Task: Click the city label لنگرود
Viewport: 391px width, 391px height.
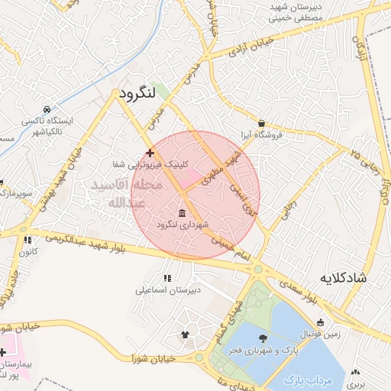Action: pyautogui.click(x=137, y=93)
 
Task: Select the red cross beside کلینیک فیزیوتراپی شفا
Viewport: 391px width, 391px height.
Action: pyautogui.click(x=150, y=153)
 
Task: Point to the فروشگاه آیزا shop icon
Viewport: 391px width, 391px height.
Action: pyautogui.click(x=262, y=123)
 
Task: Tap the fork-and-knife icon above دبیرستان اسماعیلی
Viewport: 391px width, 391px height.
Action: pyautogui.click(x=167, y=277)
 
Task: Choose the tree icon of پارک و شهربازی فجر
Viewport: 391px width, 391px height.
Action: pyautogui.click(x=263, y=338)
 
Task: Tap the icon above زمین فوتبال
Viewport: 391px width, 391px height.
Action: pyautogui.click(x=320, y=322)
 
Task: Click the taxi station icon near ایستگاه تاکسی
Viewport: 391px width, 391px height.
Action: pyautogui.click(x=47, y=109)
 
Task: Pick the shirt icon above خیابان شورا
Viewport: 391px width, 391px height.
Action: pyautogui.click(x=184, y=334)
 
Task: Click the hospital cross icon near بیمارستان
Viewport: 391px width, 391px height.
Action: pyautogui.click(x=3, y=353)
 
